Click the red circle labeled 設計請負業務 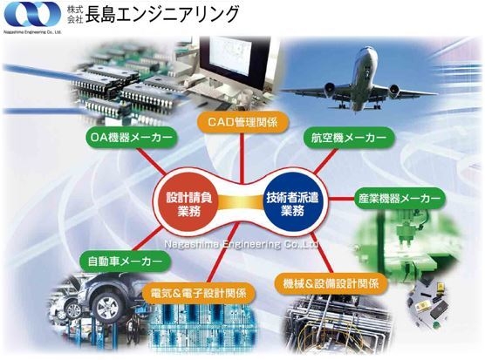click(189, 204)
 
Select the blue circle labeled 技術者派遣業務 click(292, 204)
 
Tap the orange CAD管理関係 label click(242, 122)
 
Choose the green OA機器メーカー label click(132, 138)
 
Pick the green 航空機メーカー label click(348, 138)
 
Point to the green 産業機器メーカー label click(400, 198)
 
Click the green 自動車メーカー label click(125, 262)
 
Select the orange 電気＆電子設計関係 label click(199, 293)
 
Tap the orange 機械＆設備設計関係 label click(331, 283)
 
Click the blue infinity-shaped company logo click(32, 16)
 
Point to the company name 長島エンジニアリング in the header click(162, 15)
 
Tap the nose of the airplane click(369, 50)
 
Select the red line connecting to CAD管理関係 click(242, 159)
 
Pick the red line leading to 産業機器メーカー click(341, 198)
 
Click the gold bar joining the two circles click(241, 204)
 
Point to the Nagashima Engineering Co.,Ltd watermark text click(241, 244)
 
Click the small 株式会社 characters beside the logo click(75, 15)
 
